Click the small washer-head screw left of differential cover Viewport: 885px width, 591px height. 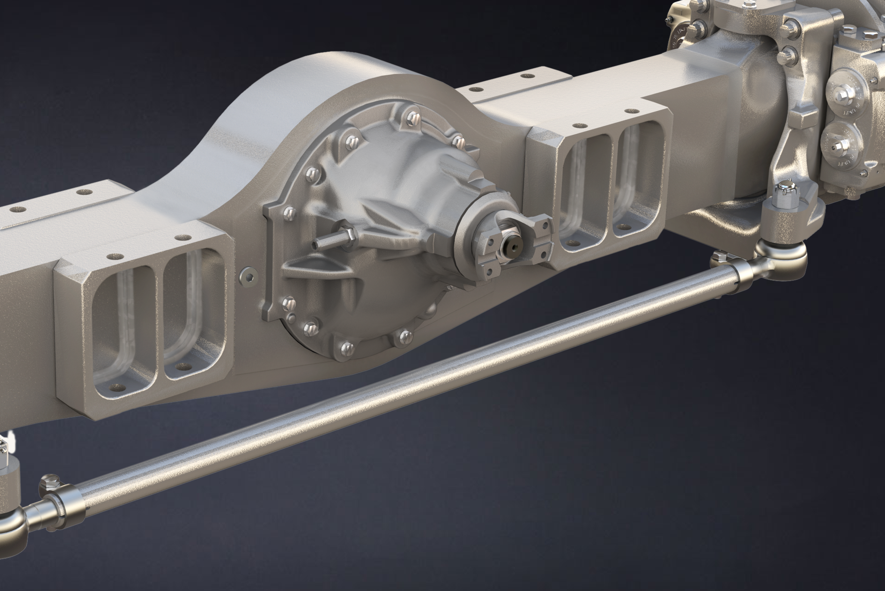pyautogui.click(x=247, y=275)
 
